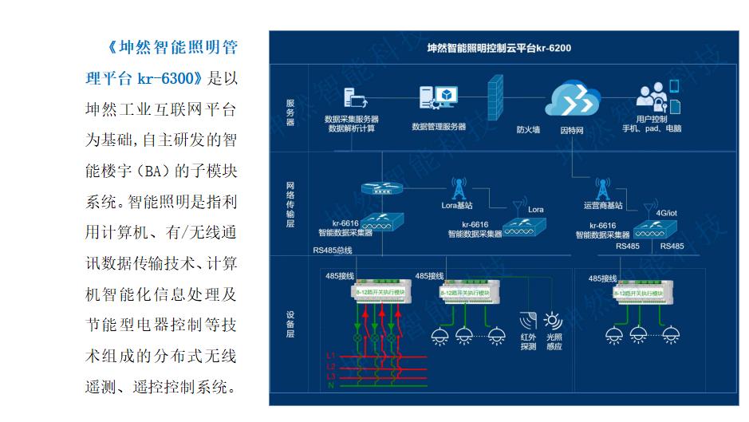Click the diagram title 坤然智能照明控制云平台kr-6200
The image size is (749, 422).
pyautogui.click(x=499, y=48)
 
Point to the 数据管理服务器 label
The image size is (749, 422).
pyautogui.click(x=439, y=126)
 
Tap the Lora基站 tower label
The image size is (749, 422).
pyautogui.click(x=458, y=204)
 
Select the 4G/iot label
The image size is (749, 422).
pyautogui.click(x=666, y=213)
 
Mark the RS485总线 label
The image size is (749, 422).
pyautogui.click(x=333, y=250)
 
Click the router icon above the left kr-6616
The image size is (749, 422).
pyautogui.click(x=379, y=190)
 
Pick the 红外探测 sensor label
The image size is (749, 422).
pyautogui.click(x=528, y=341)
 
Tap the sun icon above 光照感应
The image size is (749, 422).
pyautogui.click(x=553, y=321)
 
